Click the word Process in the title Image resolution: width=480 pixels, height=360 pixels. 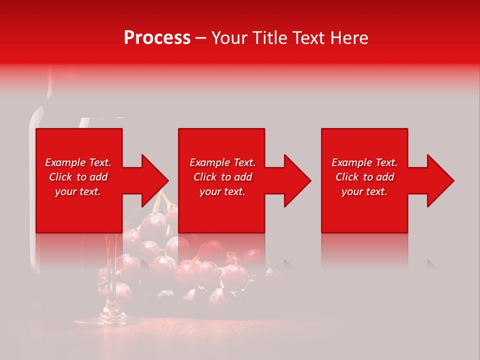pos(157,38)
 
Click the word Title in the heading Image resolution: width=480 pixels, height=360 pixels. pos(270,38)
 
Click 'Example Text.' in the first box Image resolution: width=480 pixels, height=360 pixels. pos(78,162)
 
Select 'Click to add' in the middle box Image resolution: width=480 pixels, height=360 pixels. pos(222,177)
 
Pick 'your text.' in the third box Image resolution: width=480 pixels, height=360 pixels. pos(364,191)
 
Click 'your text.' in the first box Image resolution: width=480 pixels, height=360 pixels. pos(78,191)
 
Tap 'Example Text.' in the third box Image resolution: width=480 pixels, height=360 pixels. pos(364,162)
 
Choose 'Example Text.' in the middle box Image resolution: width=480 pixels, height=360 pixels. pos(222,162)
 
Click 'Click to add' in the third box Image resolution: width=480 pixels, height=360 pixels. pos(364,177)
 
